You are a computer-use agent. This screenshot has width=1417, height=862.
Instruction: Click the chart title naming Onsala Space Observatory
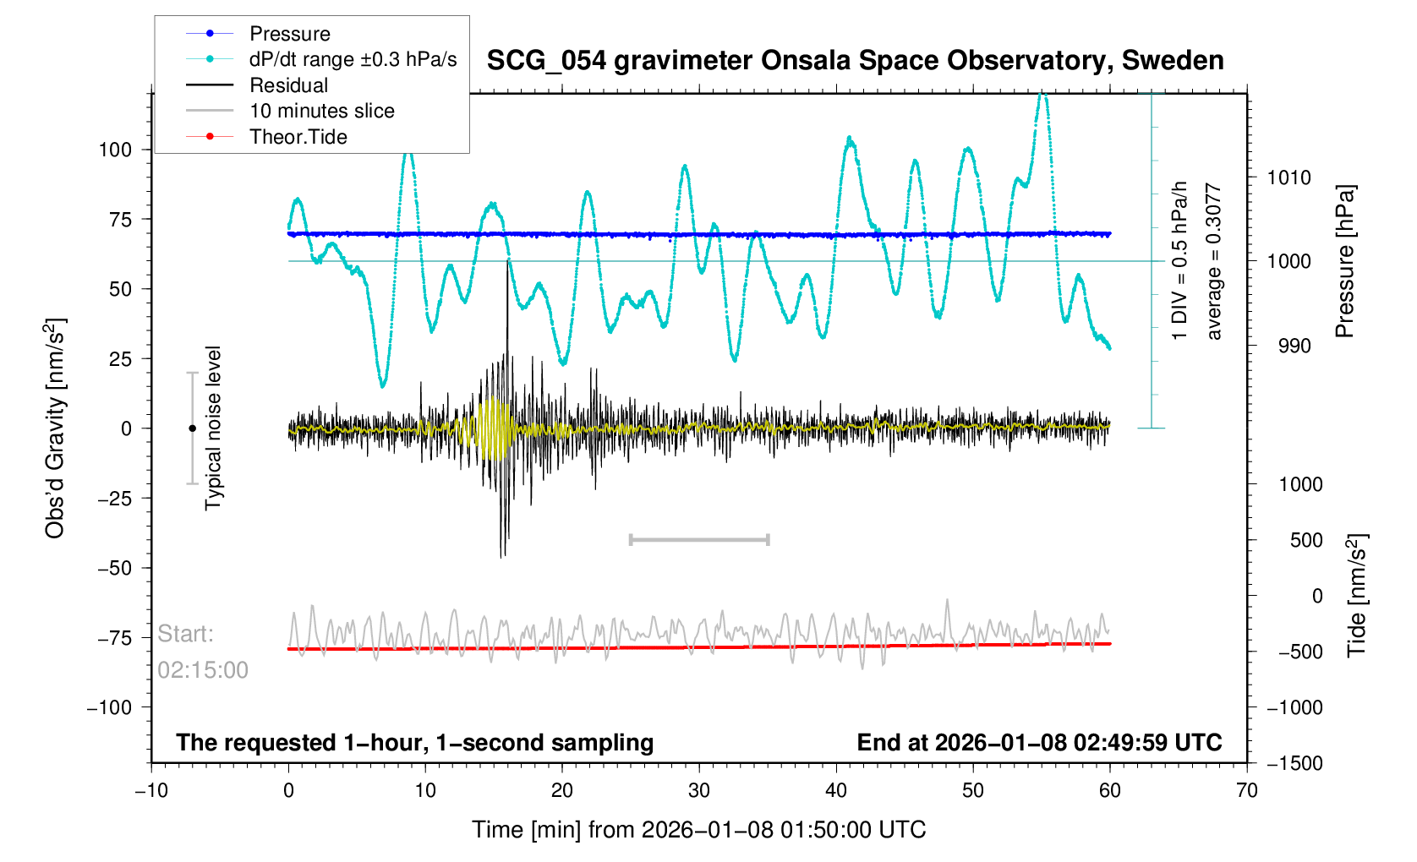click(x=855, y=61)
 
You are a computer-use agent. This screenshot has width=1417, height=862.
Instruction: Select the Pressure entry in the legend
click(x=289, y=34)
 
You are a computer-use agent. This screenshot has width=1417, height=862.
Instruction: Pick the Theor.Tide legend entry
click(x=298, y=137)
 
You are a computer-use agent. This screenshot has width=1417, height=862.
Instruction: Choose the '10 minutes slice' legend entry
click(x=321, y=111)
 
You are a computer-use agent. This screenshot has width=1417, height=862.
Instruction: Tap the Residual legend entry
click(x=288, y=85)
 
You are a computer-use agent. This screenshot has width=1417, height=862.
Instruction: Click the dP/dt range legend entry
click(x=353, y=59)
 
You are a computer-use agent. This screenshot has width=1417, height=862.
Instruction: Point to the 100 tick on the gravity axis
click(x=116, y=150)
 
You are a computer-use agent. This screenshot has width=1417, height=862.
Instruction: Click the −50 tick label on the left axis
click(x=115, y=568)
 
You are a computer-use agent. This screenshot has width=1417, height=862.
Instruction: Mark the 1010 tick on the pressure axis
click(x=1288, y=177)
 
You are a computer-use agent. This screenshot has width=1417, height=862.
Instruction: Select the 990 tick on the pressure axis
click(x=1288, y=346)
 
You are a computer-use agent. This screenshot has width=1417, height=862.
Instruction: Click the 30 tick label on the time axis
click(x=699, y=791)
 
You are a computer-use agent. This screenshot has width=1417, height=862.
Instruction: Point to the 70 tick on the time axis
click(x=1247, y=791)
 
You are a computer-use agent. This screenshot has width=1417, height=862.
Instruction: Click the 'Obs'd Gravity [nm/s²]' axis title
click(x=55, y=428)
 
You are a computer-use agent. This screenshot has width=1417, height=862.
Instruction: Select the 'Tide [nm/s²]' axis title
click(x=1357, y=595)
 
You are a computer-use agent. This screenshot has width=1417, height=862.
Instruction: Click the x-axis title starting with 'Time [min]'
click(x=698, y=830)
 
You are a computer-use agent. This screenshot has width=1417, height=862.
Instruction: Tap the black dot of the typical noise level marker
click(x=192, y=428)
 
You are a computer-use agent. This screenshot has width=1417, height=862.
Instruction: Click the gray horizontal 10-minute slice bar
click(x=699, y=539)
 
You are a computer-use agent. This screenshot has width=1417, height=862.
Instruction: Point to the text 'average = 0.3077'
click(x=1214, y=262)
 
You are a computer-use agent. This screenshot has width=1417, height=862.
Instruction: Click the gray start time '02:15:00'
click(x=203, y=670)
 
